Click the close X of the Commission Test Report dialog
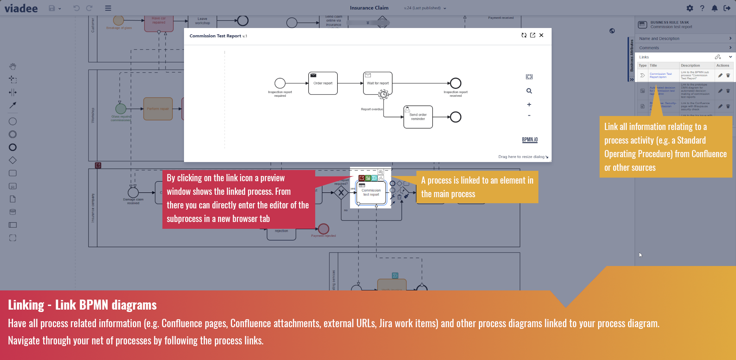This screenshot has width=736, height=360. point(541,35)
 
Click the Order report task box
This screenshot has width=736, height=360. point(323,83)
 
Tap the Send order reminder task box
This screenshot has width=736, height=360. point(418,117)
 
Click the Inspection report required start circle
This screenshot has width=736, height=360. point(280,83)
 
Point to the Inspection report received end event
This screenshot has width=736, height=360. point(456,83)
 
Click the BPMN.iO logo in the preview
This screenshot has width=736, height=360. point(530,140)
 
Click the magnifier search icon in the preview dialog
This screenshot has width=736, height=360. point(529,91)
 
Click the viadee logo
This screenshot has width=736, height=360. point(21,8)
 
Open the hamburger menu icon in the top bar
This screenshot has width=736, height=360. point(108,8)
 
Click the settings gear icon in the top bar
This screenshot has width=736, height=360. point(690,8)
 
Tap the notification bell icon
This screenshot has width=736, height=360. point(714,8)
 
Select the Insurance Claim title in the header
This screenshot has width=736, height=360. point(369,8)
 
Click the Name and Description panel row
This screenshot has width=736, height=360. point(685,38)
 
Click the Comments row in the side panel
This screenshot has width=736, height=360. point(685,48)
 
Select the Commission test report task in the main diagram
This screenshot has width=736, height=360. point(371,193)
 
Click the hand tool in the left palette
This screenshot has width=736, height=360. point(13,66)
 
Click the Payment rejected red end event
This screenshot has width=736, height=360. point(324,229)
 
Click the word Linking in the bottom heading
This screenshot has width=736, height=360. point(26,305)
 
